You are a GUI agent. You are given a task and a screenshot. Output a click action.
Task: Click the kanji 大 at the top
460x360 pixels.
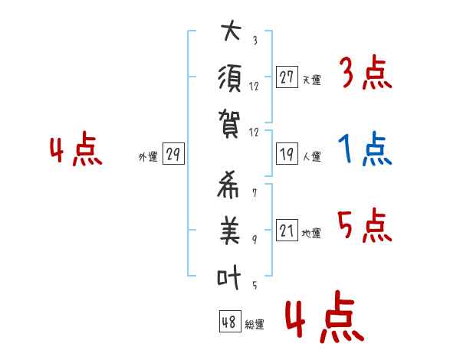coord(230,33)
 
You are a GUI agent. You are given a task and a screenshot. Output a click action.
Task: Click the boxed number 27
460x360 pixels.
coord(287,77)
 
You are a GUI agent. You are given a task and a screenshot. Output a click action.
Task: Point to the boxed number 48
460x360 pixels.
coord(229,322)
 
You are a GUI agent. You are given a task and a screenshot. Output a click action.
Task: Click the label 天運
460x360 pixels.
coord(312,80)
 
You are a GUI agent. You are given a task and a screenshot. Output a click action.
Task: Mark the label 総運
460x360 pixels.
coord(255,325)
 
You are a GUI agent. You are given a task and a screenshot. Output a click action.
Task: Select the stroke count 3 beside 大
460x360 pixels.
coord(255,41)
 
